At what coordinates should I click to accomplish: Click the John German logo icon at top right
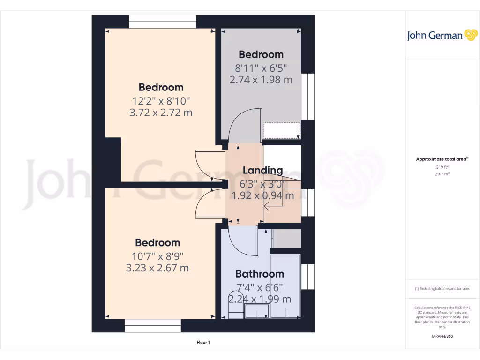point(470,35)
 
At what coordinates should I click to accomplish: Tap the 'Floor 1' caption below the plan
point(203,343)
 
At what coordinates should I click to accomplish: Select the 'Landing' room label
point(262,170)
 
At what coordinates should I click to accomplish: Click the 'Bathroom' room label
point(259,274)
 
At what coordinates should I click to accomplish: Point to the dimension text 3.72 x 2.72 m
point(161,112)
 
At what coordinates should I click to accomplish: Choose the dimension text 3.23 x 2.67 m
point(157,268)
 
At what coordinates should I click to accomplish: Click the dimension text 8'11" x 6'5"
point(261,67)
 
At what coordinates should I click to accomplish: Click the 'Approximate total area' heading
point(442,159)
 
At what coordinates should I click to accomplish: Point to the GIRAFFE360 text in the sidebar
point(442,336)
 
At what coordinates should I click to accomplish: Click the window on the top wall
point(163,22)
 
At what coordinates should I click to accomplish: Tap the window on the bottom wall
point(153,325)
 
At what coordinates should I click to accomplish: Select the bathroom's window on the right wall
point(307,277)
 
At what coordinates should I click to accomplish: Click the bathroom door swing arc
point(244,241)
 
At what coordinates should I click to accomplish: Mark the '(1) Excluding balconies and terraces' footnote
point(442,289)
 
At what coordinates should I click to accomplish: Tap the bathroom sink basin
point(257,311)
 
